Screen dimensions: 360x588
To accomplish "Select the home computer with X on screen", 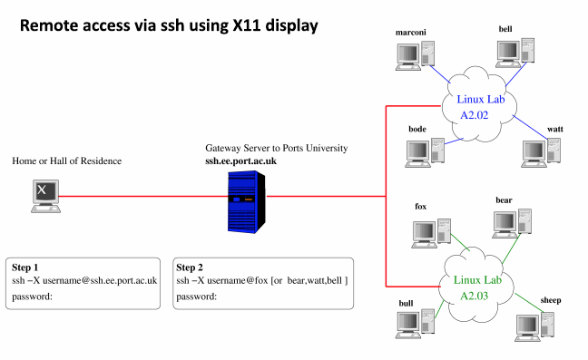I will pos(45,196).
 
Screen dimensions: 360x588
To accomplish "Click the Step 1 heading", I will pos(25,268).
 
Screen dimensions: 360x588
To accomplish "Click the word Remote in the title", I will pos(52,26).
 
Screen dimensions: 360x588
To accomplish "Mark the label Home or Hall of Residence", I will pos(66,161).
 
